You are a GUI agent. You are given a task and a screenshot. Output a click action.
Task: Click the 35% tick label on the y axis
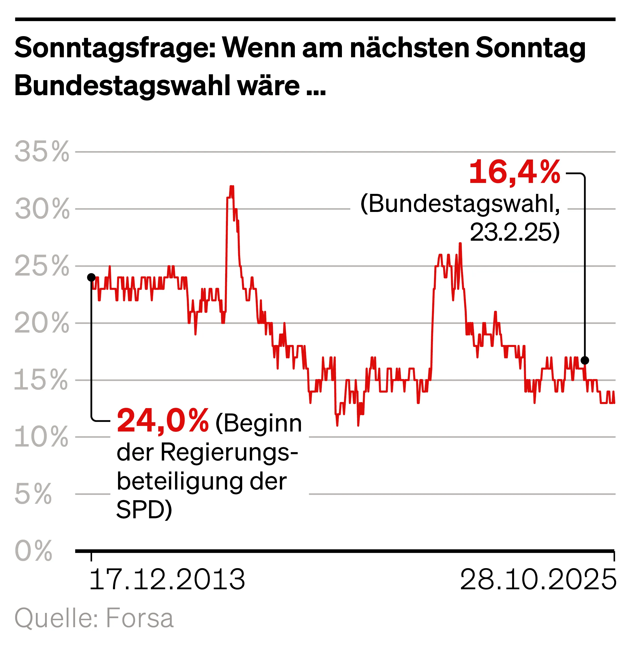tap(42, 152)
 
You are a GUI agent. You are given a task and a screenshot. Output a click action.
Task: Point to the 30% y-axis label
tap(42, 209)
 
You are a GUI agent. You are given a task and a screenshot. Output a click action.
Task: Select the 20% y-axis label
tap(42, 323)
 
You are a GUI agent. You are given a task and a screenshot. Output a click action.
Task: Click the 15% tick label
tap(41, 380)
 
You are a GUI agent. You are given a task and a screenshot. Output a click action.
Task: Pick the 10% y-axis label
tap(41, 437)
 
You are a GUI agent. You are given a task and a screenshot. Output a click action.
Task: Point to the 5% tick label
tap(33, 494)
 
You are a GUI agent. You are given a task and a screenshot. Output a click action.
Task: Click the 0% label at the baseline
tap(33, 551)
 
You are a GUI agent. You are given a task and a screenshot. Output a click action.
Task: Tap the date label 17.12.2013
tap(167, 580)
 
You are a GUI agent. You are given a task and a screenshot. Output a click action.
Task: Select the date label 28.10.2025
tap(538, 580)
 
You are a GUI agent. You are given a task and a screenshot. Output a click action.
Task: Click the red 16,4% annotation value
tap(514, 173)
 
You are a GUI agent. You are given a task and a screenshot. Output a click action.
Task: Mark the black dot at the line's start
tap(91, 278)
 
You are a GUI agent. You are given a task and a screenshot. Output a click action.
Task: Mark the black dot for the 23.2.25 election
tap(585, 361)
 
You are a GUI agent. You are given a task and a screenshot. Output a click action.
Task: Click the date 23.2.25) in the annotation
tap(514, 233)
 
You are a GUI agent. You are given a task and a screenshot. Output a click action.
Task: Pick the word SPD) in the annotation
tap(144, 510)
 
